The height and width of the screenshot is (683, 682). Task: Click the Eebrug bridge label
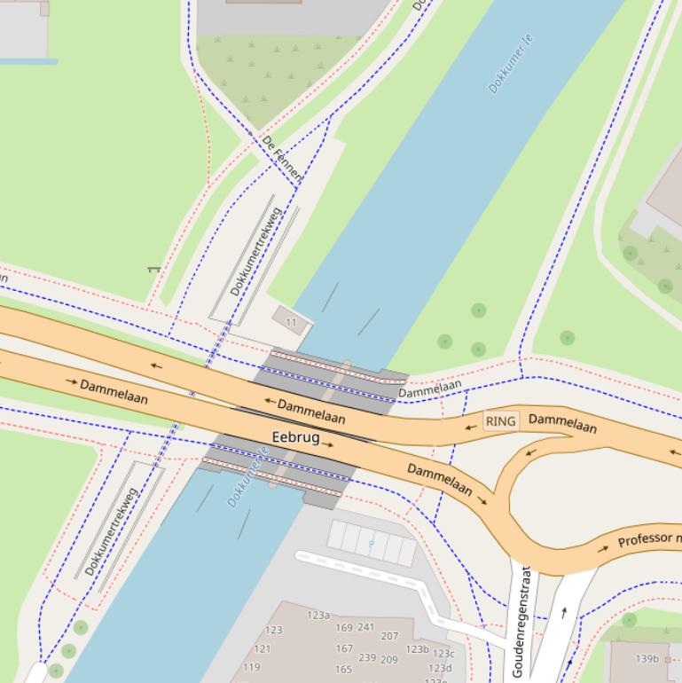point(295,436)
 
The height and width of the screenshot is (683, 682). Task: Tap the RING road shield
point(501,420)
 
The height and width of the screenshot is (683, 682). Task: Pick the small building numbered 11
point(291,322)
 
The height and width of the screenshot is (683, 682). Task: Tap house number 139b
point(647,658)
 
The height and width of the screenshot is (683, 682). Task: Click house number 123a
point(318,615)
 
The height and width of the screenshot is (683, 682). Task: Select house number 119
point(252,667)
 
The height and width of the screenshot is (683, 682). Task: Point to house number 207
point(389,636)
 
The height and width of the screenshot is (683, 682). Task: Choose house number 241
point(366,627)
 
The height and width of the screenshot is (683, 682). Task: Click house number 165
point(343,669)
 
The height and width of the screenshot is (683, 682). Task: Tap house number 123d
point(440,668)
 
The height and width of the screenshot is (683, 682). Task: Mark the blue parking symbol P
point(372,542)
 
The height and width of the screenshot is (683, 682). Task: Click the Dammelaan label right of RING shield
point(562,423)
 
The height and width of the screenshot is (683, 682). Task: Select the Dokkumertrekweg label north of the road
point(255,252)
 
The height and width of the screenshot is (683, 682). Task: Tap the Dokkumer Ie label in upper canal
point(511,64)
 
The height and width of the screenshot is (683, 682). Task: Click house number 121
point(263,648)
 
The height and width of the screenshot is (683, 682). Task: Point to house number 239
point(366,658)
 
